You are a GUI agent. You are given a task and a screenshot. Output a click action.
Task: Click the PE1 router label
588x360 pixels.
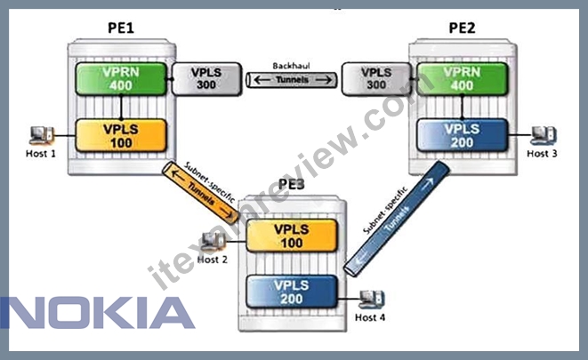coord(121,28)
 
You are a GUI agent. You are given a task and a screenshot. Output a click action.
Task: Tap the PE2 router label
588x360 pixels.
coord(462,28)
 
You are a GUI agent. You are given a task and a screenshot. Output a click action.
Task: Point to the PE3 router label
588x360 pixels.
coord(292,184)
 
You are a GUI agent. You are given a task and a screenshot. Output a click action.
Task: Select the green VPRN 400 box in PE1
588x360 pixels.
coord(121,79)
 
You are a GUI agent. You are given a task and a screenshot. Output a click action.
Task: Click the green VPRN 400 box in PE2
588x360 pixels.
coord(462,79)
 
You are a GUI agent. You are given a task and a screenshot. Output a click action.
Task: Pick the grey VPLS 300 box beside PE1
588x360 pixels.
coord(206,79)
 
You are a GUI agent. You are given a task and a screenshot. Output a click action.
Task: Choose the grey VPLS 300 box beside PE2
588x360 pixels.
coord(376,79)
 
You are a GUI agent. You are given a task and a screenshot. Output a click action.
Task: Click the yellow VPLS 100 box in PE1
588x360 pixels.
coord(121,136)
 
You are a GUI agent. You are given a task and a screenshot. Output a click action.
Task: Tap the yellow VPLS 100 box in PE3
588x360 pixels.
coord(292,236)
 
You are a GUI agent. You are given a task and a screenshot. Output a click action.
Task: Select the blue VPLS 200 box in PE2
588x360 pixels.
coord(462,136)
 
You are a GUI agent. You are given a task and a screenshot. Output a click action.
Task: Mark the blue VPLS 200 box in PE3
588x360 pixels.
coord(292,292)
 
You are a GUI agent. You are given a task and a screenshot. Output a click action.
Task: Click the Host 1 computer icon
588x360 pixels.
coord(41,135)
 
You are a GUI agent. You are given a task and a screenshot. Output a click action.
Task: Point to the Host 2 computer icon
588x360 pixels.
coord(213,241)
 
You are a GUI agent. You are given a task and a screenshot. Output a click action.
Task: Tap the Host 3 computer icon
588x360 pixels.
coord(543,135)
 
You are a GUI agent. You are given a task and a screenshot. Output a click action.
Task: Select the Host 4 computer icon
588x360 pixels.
coord(371,300)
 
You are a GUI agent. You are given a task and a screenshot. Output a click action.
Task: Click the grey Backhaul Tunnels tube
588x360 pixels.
coord(292,80)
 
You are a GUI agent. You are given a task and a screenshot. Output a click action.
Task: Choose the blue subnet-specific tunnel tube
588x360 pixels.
coord(397,219)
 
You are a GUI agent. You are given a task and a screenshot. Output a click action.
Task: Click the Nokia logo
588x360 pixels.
coord(98,313)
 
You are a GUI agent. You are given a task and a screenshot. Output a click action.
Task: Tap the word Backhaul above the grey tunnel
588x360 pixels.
coord(292,66)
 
